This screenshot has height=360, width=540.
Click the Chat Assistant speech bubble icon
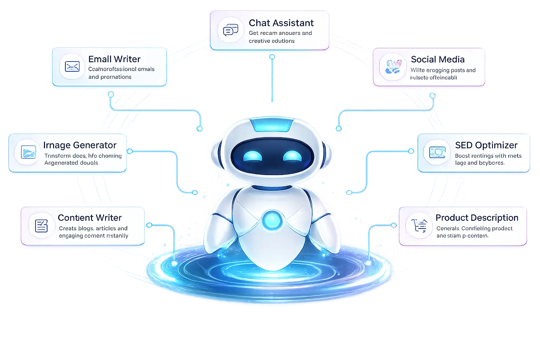point(231,31)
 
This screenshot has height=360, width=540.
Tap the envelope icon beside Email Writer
point(72,66)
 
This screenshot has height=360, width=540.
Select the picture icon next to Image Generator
point(28,152)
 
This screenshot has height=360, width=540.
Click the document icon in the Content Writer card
point(41,226)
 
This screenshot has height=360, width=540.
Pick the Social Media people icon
point(393,66)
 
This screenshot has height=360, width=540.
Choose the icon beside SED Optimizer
point(437,152)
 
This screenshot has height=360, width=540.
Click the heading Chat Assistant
point(281,23)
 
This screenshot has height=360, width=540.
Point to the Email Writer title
point(114,59)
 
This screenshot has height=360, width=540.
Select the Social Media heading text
point(438,59)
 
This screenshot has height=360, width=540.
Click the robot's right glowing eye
point(292,156)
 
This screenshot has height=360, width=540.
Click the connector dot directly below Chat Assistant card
point(272,57)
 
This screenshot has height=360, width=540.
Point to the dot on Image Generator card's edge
point(130,151)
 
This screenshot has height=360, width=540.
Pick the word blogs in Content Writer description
point(86,229)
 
